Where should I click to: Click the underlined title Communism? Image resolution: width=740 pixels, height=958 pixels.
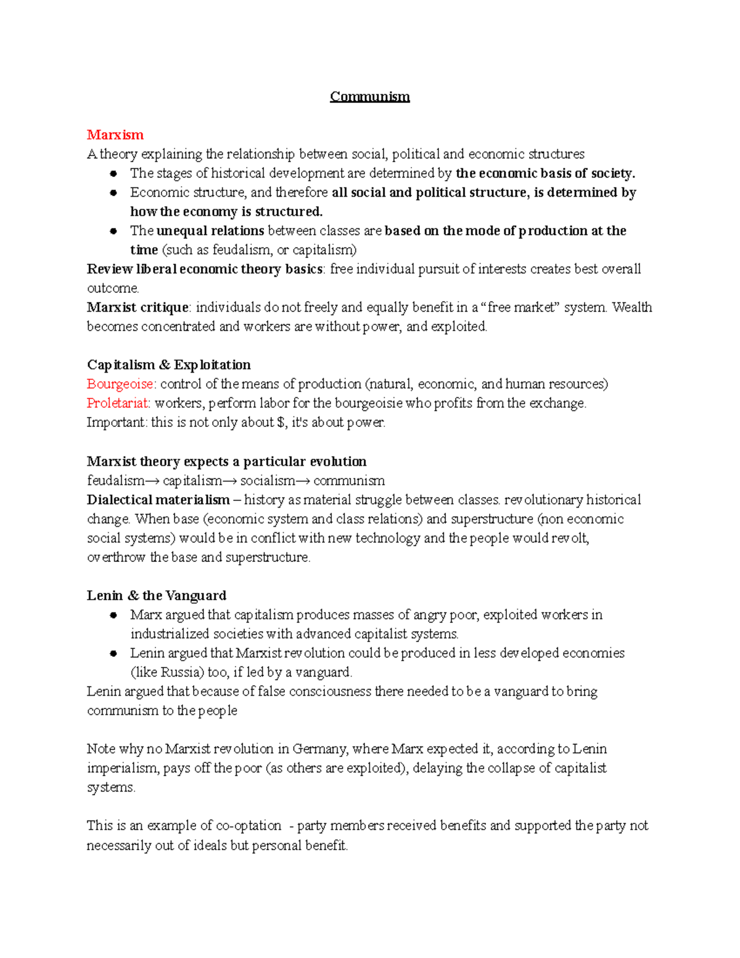pyautogui.click(x=369, y=97)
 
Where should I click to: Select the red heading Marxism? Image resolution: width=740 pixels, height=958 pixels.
pyautogui.click(x=115, y=135)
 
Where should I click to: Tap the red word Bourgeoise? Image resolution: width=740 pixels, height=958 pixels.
pyautogui.click(x=121, y=384)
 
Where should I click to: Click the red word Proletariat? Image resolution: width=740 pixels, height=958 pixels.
pyautogui.click(x=118, y=403)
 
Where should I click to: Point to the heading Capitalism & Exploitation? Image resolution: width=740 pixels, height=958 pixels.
pyautogui.click(x=168, y=365)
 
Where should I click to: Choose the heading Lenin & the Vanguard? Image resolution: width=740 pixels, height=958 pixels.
pyautogui.click(x=156, y=596)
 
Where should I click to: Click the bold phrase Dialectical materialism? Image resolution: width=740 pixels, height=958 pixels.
pyautogui.click(x=158, y=500)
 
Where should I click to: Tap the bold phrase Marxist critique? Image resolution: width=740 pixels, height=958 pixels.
pyautogui.click(x=138, y=307)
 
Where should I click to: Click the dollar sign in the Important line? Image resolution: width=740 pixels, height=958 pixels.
pyautogui.click(x=282, y=423)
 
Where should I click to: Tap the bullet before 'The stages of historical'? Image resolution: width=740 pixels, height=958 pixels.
pyautogui.click(x=113, y=174)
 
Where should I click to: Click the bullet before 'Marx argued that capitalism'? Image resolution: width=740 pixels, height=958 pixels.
pyautogui.click(x=113, y=616)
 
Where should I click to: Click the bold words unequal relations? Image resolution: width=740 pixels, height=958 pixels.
pyautogui.click(x=210, y=231)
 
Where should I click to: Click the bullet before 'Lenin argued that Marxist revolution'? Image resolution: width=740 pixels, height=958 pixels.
pyautogui.click(x=113, y=654)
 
